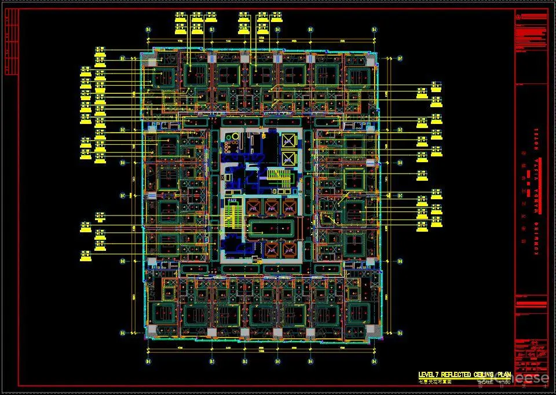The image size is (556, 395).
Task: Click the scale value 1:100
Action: click(x=504, y=382)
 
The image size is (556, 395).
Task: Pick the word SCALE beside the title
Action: click(x=485, y=382)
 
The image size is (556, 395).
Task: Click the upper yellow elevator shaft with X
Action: click(x=288, y=140)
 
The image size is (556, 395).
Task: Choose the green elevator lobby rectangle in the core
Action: click(x=271, y=228)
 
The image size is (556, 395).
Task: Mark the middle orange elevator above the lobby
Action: click(x=271, y=206)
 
